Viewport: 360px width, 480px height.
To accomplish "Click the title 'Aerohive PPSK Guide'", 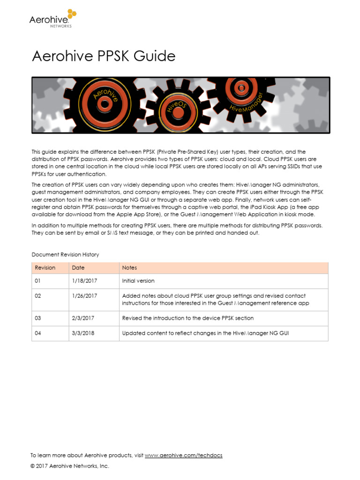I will coord(104,56).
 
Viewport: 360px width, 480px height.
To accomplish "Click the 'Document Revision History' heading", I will coord(65,255).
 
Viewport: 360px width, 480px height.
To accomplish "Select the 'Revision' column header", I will coord(45,268).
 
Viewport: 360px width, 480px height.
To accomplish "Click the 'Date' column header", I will coord(78,268).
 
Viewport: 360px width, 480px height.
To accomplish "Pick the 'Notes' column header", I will coord(129,268).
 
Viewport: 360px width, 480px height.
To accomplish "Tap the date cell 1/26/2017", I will coord(85,296).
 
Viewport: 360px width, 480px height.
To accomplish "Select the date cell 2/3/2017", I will coord(83,318).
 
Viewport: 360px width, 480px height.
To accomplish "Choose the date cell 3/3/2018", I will coord(83,333).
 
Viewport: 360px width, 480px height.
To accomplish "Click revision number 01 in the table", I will coord(38,281).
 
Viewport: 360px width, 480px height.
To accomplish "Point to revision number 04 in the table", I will coord(38,333).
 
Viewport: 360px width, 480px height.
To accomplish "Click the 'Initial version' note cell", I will coord(138,281).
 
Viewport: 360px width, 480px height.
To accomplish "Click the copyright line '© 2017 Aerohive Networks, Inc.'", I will coord(69,466).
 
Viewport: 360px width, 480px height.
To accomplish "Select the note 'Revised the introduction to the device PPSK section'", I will coord(187,318).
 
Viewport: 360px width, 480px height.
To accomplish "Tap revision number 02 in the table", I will coord(38,296).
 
